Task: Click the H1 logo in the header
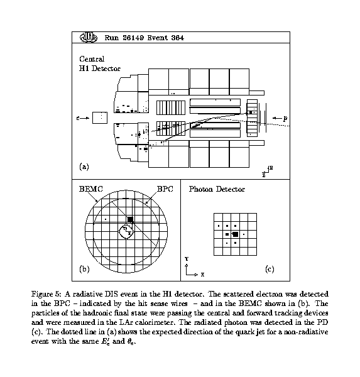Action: (x=89, y=37)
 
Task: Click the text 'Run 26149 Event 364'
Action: (x=144, y=38)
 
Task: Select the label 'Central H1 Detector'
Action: (x=100, y=63)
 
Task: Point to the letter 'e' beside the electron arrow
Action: (x=78, y=118)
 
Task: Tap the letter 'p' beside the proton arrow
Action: (x=285, y=118)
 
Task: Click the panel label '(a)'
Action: (x=84, y=167)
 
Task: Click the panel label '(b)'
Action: (x=84, y=268)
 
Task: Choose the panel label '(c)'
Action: (x=270, y=268)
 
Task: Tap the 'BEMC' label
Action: (x=91, y=189)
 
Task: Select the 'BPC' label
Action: (x=165, y=189)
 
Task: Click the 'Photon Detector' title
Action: (x=217, y=189)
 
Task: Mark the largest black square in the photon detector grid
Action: (x=236, y=234)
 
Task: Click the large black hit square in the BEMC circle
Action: (x=130, y=219)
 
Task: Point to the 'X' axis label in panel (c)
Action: (x=202, y=275)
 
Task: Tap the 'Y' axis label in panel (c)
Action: (x=187, y=259)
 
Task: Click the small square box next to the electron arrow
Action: (x=100, y=118)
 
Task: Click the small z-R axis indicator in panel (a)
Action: (x=268, y=171)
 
